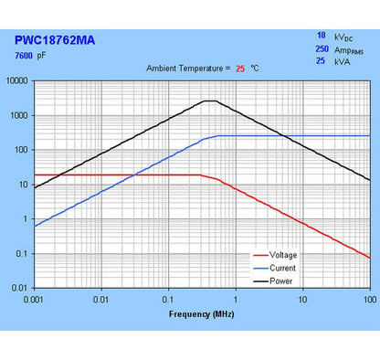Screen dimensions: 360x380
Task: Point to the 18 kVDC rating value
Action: click(x=321, y=36)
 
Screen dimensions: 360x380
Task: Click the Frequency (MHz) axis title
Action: click(x=201, y=314)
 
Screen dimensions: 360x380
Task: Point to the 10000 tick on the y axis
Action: click(x=17, y=80)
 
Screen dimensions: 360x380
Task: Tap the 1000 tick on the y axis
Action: click(x=19, y=115)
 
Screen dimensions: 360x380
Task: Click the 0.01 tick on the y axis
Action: click(x=20, y=288)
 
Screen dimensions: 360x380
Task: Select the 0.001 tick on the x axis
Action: click(x=35, y=299)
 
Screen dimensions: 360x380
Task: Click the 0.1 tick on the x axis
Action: click(x=168, y=299)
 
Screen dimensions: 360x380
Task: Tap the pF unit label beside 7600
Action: click(x=41, y=57)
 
